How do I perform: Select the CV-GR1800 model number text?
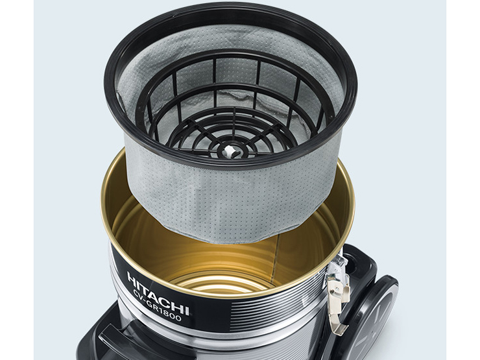[x=157, y=306]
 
